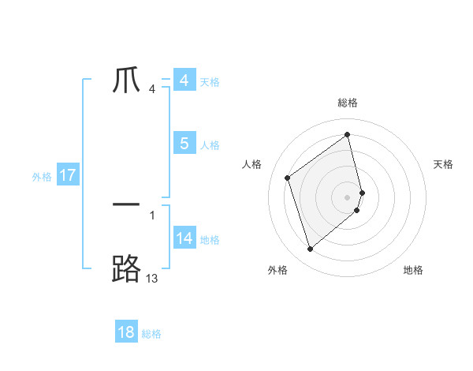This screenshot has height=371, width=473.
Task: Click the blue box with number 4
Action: [184, 81]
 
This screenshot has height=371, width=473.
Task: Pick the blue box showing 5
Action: [184, 144]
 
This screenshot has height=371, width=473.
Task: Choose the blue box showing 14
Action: [184, 238]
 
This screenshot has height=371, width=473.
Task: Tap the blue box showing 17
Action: [68, 175]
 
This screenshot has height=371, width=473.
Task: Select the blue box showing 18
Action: [126, 332]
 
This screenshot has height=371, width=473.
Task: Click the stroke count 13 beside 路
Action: [151, 278]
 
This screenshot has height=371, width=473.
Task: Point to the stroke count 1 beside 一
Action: [152, 215]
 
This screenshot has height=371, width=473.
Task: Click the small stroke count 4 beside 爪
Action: [151, 88]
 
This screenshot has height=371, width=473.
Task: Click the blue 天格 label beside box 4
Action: [210, 82]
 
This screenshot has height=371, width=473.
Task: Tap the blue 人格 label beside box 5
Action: [210, 145]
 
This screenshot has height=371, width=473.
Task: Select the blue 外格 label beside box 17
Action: [42, 177]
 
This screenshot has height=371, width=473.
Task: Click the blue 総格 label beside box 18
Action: [151, 334]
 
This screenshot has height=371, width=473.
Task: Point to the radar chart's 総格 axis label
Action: [348, 103]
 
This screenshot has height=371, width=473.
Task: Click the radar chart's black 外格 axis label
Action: [277, 270]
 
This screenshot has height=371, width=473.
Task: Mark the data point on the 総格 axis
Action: [348, 134]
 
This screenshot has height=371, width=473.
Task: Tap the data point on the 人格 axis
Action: [288, 178]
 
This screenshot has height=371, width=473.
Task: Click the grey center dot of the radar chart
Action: [348, 197]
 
